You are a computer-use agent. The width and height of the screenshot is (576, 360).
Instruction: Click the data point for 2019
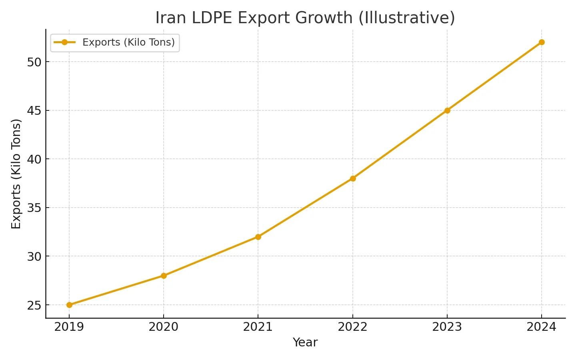tap(69, 305)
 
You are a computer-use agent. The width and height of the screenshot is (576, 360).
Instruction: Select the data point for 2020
tap(164, 276)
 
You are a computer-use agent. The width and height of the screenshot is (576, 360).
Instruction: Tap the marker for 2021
tap(258, 237)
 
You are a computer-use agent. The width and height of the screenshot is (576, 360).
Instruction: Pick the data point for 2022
tap(352, 178)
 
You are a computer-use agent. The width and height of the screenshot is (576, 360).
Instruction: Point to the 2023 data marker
tap(447, 110)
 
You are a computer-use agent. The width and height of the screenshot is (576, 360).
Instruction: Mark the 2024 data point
tap(542, 42)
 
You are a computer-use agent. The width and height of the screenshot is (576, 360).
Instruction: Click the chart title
tap(305, 18)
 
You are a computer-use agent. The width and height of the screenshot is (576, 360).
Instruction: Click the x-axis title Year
tap(305, 342)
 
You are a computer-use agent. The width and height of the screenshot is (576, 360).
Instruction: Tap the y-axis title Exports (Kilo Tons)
tap(16, 174)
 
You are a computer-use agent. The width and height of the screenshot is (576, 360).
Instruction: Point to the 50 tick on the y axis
tap(34, 62)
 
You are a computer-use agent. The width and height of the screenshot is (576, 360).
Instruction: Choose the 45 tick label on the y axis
tap(34, 110)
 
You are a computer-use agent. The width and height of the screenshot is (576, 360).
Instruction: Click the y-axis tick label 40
tap(34, 159)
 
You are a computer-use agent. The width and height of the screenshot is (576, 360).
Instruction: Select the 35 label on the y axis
tap(34, 208)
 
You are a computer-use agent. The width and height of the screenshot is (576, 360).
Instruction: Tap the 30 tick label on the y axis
tap(34, 256)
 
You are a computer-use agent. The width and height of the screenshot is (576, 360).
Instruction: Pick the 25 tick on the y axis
tap(34, 305)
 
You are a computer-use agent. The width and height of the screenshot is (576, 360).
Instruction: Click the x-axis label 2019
tap(69, 327)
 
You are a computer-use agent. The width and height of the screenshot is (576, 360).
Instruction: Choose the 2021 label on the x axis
tap(258, 327)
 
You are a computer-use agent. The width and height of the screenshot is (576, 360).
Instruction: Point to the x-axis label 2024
tap(542, 327)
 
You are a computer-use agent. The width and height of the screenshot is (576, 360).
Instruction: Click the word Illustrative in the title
tap(406, 18)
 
